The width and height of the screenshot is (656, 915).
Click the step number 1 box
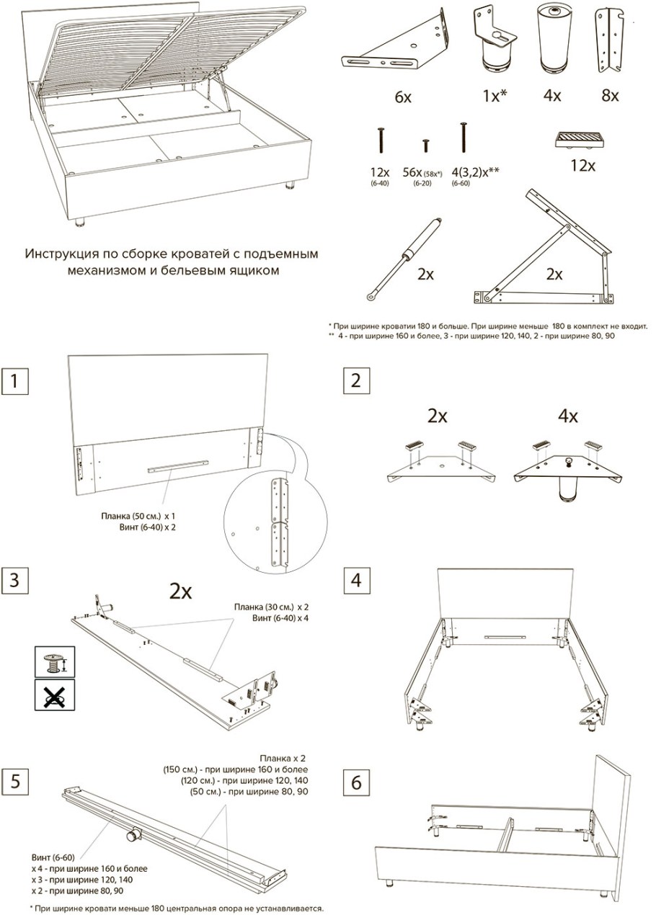[14, 381]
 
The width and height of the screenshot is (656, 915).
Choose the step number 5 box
[15, 782]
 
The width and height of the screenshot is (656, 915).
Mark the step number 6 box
[356, 782]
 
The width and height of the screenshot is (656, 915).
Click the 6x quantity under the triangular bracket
[402, 97]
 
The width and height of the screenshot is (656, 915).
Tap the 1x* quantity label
[495, 95]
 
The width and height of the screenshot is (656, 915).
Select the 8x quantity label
[610, 95]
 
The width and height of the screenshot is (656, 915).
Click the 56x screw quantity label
[412, 172]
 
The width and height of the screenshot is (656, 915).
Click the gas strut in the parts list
[404, 259]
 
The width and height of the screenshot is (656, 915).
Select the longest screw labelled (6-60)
[464, 137]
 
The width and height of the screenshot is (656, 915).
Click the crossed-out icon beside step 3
[55, 695]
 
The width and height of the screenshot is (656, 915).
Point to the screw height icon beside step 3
[55, 661]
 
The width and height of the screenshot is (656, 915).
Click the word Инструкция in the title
[62, 254]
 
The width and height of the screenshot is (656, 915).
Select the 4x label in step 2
[568, 416]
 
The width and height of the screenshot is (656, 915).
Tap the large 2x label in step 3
[181, 591]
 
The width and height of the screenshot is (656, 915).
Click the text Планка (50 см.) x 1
[138, 517]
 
